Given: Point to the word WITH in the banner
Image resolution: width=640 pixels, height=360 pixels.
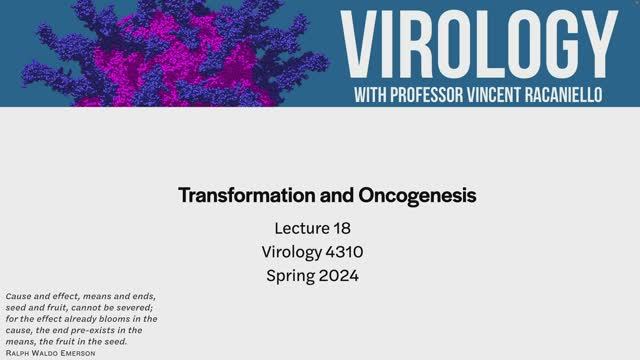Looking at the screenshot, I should tap(377, 96).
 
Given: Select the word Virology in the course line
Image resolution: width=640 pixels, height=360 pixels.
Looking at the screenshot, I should tap(291, 251).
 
